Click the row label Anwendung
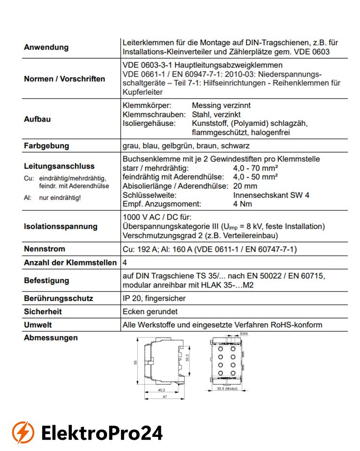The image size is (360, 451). click(46, 47)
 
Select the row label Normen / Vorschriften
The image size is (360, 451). click(64, 79)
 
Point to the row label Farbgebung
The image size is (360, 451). click(46, 146)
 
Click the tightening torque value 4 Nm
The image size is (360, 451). click(242, 204)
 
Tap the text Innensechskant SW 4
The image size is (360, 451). click(271, 195)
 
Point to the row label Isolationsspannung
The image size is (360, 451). click(61, 226)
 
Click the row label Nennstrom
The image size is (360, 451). click(45, 249)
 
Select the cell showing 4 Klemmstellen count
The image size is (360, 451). click(125, 263)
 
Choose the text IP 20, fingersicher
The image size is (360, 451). click(154, 298)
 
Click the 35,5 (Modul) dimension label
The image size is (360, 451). click(227, 389)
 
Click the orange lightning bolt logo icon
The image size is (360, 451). click(23, 432)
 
